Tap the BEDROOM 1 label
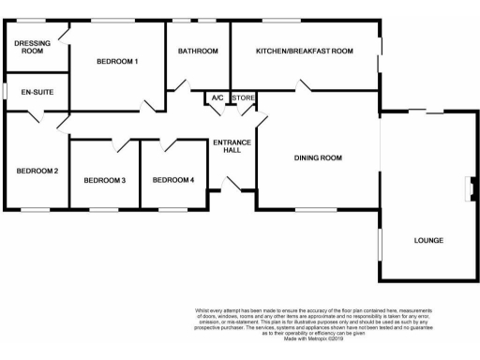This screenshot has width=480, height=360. [117, 62]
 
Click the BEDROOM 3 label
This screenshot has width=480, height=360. [104, 180]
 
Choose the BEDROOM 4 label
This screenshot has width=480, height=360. [173, 180]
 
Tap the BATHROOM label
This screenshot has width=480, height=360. [198, 51]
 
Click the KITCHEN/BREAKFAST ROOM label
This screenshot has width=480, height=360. [305, 51]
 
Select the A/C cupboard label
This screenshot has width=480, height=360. [217, 97]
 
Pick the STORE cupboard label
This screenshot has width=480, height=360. [243, 97]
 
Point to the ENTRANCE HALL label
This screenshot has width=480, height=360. [232, 147]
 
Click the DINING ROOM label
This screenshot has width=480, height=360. [317, 158]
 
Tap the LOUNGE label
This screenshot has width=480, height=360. [428, 241]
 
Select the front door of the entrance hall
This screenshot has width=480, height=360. [232, 187]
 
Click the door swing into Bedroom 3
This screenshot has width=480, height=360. [120, 144]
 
